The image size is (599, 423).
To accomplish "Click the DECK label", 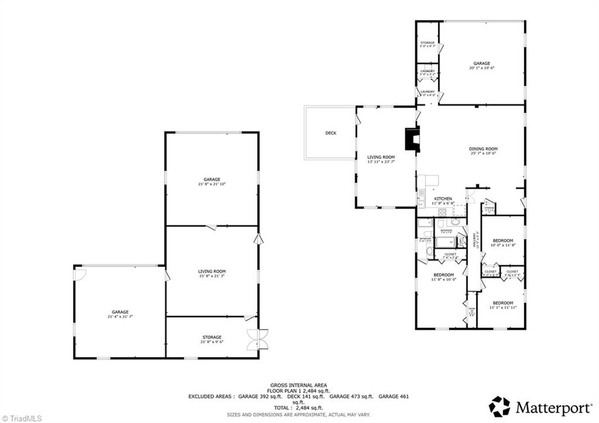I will (331, 133).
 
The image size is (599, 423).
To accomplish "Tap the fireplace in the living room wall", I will (411, 140).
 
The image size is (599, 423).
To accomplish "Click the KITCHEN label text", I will (443, 199).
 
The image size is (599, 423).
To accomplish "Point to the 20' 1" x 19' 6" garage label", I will (481, 66).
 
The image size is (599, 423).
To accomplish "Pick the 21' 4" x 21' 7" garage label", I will (120, 314).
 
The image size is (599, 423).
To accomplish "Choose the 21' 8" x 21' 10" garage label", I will (211, 181).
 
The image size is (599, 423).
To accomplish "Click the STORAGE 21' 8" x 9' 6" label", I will (212, 339).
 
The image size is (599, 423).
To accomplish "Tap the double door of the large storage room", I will (257, 339).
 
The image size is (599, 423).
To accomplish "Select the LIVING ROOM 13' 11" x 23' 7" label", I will (381, 159).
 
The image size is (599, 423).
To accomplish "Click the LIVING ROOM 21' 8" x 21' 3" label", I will (212, 273).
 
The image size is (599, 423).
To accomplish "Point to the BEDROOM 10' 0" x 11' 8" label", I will (502, 243).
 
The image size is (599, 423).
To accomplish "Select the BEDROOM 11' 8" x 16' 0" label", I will (443, 277).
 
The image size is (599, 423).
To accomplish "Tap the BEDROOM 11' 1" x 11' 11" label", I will (502, 305).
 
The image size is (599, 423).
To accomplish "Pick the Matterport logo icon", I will (500, 406).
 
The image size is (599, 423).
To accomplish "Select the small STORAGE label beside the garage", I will (427, 44).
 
